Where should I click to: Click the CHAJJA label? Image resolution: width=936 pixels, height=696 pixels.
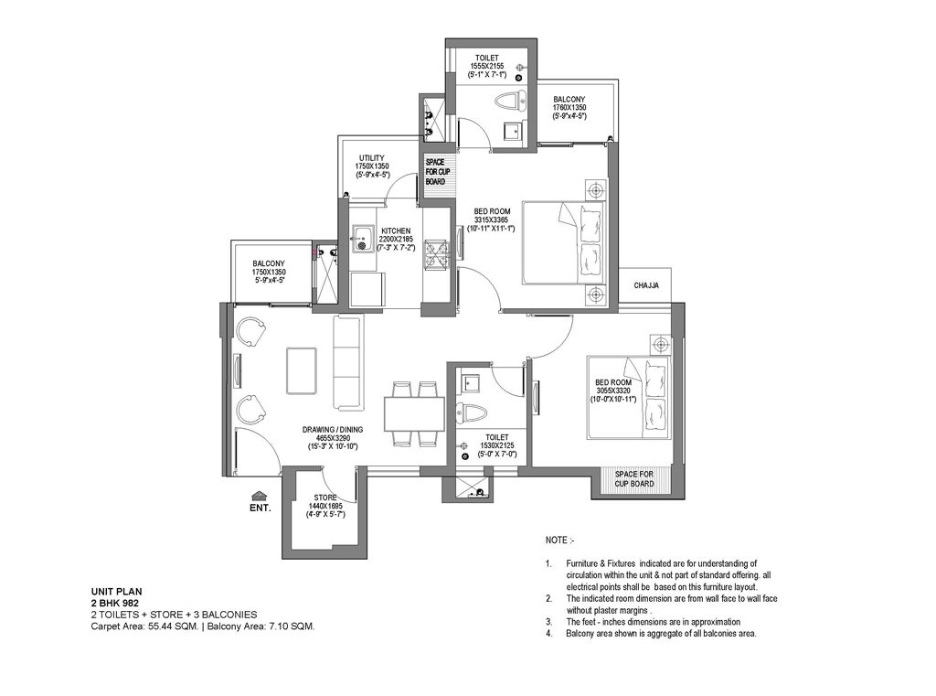pyautogui.click(x=646, y=285)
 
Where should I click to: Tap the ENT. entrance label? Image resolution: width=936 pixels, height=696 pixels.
pyautogui.click(x=261, y=509)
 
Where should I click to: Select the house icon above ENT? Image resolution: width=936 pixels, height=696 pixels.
pyautogui.click(x=259, y=496)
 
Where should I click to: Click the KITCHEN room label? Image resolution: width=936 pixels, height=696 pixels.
pyautogui.click(x=396, y=230)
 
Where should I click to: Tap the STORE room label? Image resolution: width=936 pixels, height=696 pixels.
pyautogui.click(x=325, y=498)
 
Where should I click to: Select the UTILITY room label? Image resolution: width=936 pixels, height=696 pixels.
pyautogui.click(x=372, y=158)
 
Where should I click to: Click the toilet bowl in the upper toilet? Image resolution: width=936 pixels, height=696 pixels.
pyautogui.click(x=511, y=101)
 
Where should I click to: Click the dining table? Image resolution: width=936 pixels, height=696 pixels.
pyautogui.click(x=414, y=412)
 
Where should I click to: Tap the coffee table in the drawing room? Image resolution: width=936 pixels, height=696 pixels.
pyautogui.click(x=302, y=370)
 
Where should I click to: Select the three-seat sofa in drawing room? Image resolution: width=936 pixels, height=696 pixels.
pyautogui.click(x=347, y=363)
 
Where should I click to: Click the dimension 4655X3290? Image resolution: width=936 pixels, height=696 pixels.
pyautogui.click(x=333, y=438)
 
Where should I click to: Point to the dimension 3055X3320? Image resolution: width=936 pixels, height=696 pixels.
pyautogui.click(x=613, y=391)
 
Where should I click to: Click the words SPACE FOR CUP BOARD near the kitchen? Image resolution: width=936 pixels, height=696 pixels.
pyautogui.click(x=438, y=172)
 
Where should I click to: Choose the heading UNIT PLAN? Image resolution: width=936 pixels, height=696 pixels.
pyautogui.click(x=116, y=593)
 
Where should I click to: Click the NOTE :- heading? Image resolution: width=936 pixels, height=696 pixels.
pyautogui.click(x=560, y=541)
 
